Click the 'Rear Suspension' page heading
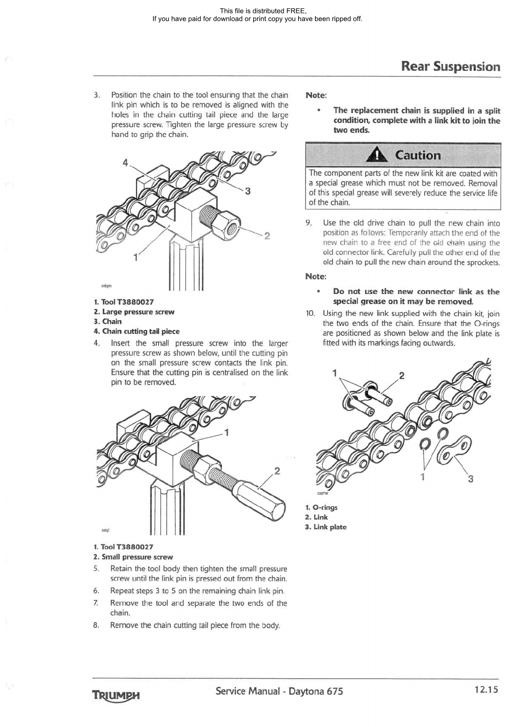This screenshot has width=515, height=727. point(450,66)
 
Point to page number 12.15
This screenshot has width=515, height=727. point(486,689)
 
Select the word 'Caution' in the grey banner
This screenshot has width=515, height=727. point(418,155)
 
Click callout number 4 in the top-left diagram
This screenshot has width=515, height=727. point(125,163)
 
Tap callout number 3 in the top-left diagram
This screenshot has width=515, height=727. point(248,191)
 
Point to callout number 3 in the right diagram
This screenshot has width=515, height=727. point(470,479)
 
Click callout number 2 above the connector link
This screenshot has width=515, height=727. point(401,376)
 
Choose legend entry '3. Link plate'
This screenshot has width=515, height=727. point(326,527)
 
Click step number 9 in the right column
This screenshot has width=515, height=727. point(308,223)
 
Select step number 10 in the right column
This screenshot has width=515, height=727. point(310,313)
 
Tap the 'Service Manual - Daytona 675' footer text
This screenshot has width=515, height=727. point(279,691)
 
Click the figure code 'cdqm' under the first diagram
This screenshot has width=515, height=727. point(106,286)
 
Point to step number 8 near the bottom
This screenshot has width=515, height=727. point(96,625)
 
